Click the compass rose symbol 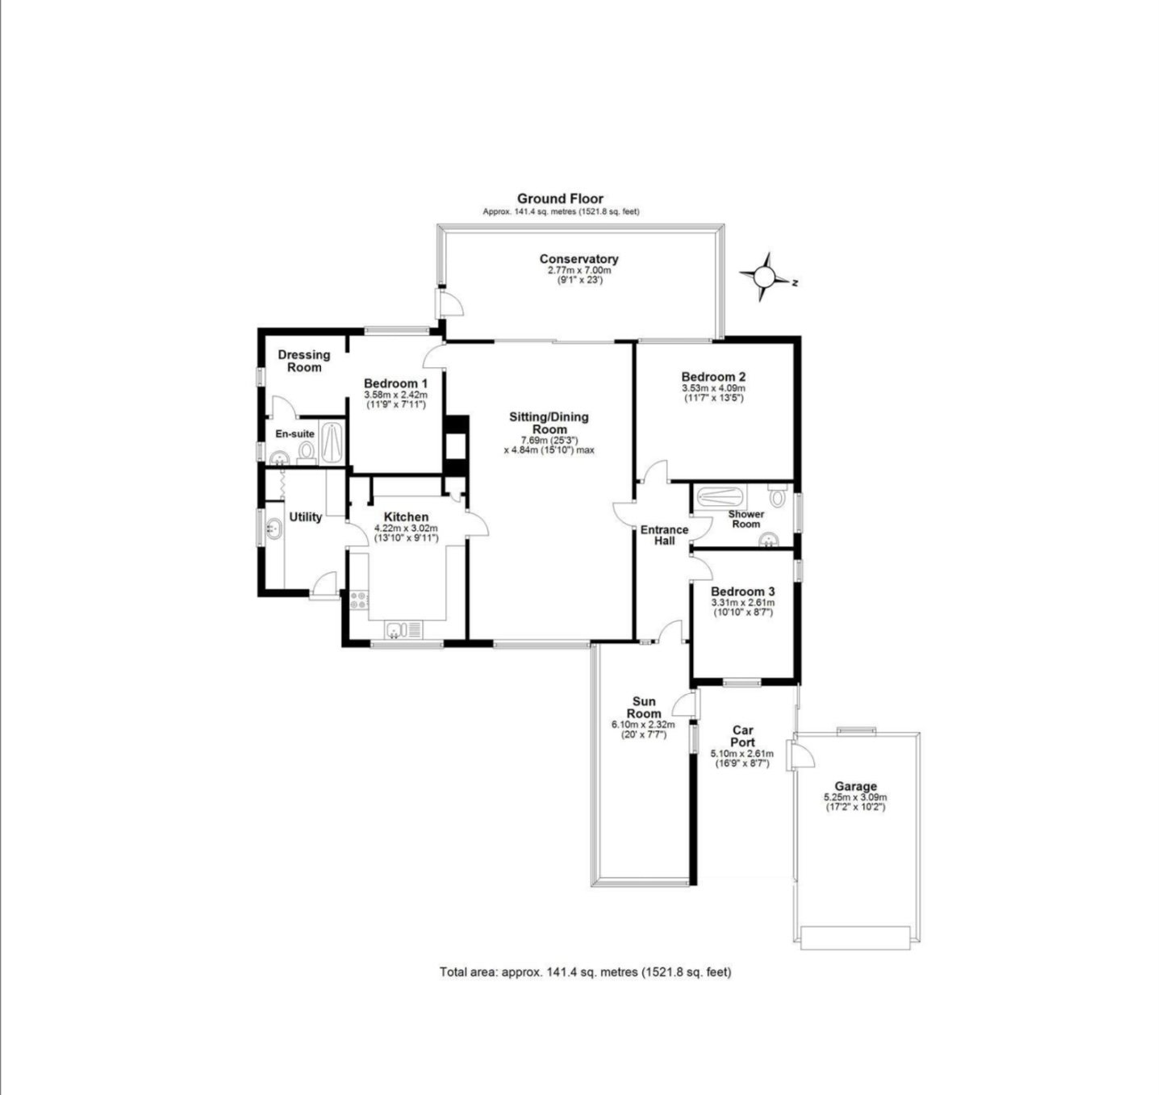pos(765,277)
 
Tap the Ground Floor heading pos(560,199)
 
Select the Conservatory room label pos(578,258)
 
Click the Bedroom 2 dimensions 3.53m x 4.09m pos(713,388)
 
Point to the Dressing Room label pos(304,361)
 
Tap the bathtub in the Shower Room pos(720,497)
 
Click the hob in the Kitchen pos(358,600)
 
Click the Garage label pos(855,787)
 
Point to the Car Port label pos(742,736)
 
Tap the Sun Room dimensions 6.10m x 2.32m pos(643,725)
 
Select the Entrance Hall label pos(665,535)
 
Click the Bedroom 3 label pos(743,591)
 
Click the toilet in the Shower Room pos(777,495)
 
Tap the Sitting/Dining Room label pos(549,423)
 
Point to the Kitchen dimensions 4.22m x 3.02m pos(407,529)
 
